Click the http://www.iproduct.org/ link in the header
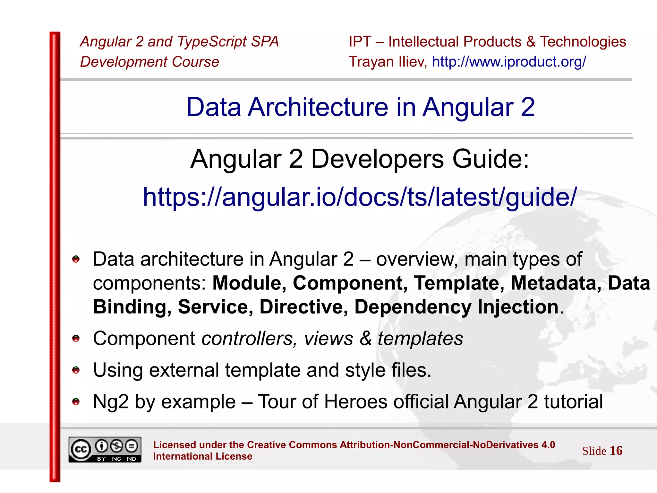(509, 62)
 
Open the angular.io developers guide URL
(360, 197)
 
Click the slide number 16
(616, 451)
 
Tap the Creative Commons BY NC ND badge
(105, 449)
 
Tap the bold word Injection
(518, 307)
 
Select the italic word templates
(420, 338)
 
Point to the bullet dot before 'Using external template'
(76, 370)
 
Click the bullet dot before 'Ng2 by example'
(76, 401)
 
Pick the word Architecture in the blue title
(318, 107)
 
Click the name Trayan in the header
(371, 62)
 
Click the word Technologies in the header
(583, 42)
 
